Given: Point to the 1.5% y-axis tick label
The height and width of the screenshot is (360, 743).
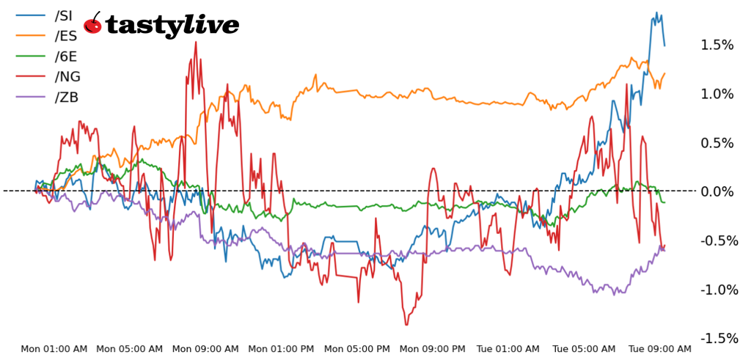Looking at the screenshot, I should [x=717, y=45].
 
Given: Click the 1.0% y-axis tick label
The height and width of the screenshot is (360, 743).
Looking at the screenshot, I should [x=717, y=94].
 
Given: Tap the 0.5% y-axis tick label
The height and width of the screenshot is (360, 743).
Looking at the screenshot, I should [x=717, y=143].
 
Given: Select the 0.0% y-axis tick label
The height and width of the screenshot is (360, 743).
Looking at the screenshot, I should [x=717, y=192].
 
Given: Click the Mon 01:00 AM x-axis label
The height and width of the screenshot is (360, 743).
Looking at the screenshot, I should [x=54, y=349].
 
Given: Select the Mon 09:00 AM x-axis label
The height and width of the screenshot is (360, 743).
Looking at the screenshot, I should [x=205, y=349].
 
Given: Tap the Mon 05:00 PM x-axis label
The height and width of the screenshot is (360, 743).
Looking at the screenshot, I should [x=357, y=349].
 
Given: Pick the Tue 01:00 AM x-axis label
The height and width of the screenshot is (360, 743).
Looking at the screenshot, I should [x=508, y=349].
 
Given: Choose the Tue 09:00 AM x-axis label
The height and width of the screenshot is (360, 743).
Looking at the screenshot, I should [x=658, y=349].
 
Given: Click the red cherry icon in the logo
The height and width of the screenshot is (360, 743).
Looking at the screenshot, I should [x=92, y=24].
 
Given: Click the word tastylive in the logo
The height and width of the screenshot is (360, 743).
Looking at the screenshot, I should [x=172, y=26].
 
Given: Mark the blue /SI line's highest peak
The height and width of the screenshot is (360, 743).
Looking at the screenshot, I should [x=655, y=12].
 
